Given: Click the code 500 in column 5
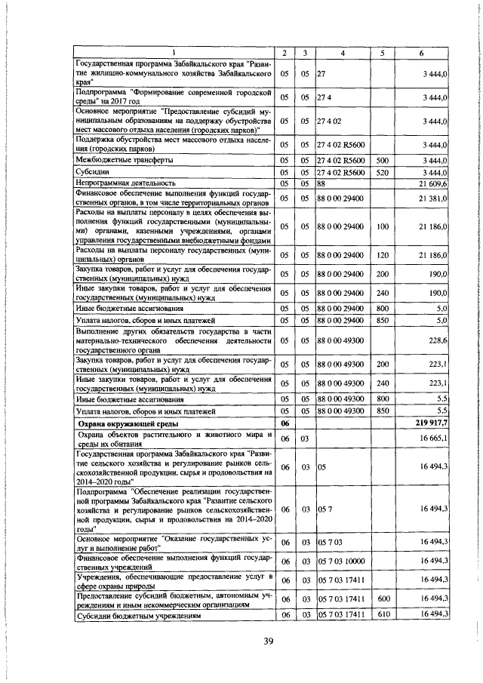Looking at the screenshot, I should click(x=382, y=160).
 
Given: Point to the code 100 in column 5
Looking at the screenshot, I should click(x=382, y=226).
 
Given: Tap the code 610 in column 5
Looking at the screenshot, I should click(x=382, y=616).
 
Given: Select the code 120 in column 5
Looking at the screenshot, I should click(x=382, y=256).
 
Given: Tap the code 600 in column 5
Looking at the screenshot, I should click(x=382, y=599).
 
